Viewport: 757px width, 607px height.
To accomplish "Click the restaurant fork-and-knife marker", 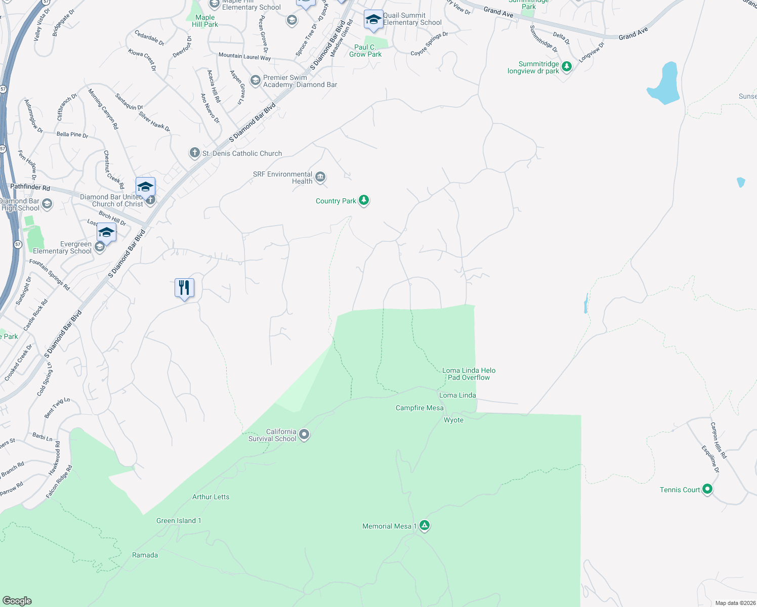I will click(184, 288).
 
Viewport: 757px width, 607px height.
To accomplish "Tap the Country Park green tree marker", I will click(364, 200).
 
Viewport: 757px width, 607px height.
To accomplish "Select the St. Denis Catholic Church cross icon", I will click(194, 153).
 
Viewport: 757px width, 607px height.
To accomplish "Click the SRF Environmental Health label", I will click(283, 178).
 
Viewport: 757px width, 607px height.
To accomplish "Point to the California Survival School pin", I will click(304, 434).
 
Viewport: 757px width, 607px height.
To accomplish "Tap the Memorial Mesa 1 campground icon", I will click(425, 526).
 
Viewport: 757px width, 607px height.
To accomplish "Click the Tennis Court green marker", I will click(707, 489).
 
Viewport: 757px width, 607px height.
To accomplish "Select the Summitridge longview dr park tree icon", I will click(567, 66).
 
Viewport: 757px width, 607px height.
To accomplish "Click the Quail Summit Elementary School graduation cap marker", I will click(373, 20).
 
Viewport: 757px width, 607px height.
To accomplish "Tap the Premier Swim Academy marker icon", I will click(256, 80).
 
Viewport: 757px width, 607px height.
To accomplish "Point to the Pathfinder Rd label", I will click(30, 187).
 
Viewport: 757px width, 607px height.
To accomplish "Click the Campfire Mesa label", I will click(419, 408).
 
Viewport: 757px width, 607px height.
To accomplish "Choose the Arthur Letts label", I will click(211, 497).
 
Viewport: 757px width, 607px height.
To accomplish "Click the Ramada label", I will click(145, 555).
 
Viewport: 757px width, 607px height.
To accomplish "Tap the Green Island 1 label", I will click(179, 521).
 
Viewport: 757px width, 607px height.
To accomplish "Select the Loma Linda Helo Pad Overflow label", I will click(469, 374).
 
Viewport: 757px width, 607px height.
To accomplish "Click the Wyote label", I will click(453, 420).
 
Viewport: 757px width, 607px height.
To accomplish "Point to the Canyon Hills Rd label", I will click(718, 440).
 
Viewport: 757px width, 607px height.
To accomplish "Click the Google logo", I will click(17, 600).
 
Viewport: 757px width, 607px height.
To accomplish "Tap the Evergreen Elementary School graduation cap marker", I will click(106, 233).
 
